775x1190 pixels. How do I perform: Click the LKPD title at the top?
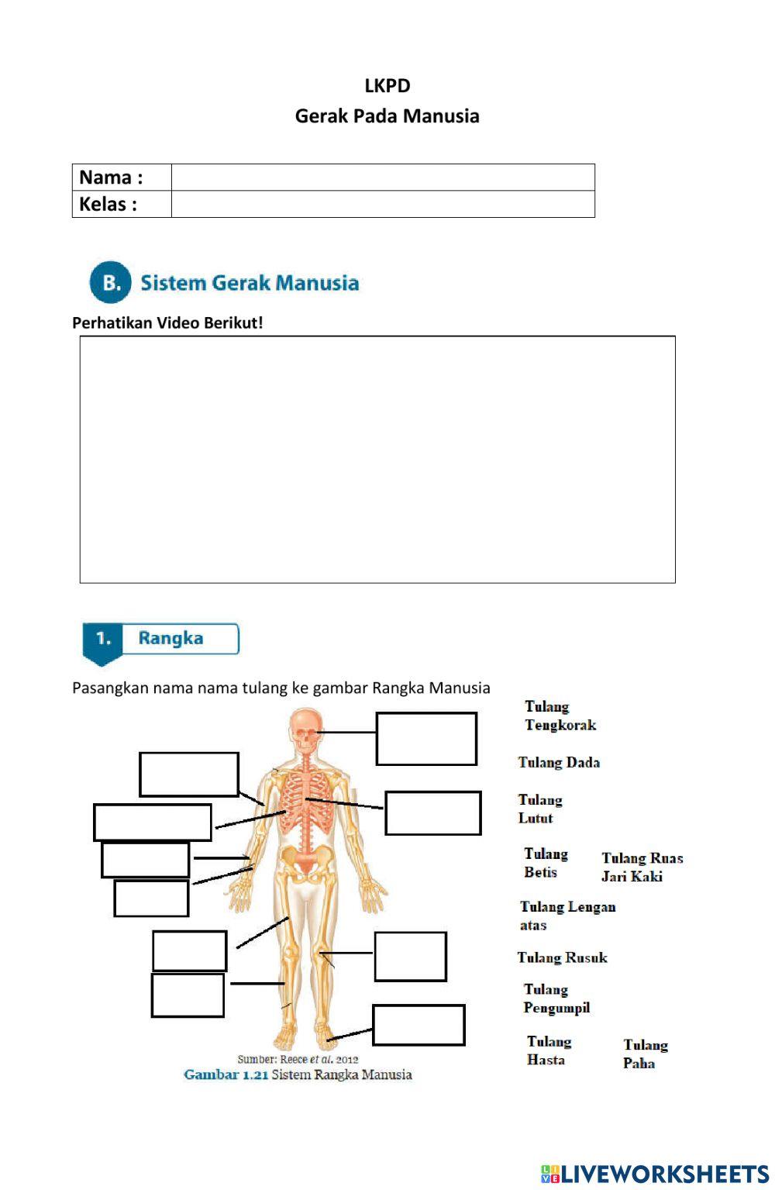click(387, 85)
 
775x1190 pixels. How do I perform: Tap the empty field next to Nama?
click(382, 177)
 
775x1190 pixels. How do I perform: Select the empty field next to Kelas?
click(382, 204)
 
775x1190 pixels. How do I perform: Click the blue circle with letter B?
click(111, 282)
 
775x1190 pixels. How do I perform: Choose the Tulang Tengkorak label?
click(560, 716)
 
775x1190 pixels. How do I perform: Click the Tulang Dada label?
click(559, 762)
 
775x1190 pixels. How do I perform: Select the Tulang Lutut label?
click(539, 809)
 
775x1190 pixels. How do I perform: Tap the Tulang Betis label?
click(546, 863)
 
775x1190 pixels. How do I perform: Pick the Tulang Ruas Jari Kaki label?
click(642, 867)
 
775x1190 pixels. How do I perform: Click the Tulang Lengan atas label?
click(567, 916)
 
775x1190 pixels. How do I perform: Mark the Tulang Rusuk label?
click(562, 957)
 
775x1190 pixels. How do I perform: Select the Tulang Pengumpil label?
click(556, 999)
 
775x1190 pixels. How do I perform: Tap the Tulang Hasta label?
click(549, 1050)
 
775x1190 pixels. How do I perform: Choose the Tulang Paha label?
click(645, 1054)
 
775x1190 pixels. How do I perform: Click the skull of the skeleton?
click(305, 730)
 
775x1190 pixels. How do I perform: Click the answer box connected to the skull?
click(426, 739)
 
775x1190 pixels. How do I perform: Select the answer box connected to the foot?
click(418, 1025)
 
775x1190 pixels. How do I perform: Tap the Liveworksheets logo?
click(654, 1174)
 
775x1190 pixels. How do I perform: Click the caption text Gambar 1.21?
click(226, 1074)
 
